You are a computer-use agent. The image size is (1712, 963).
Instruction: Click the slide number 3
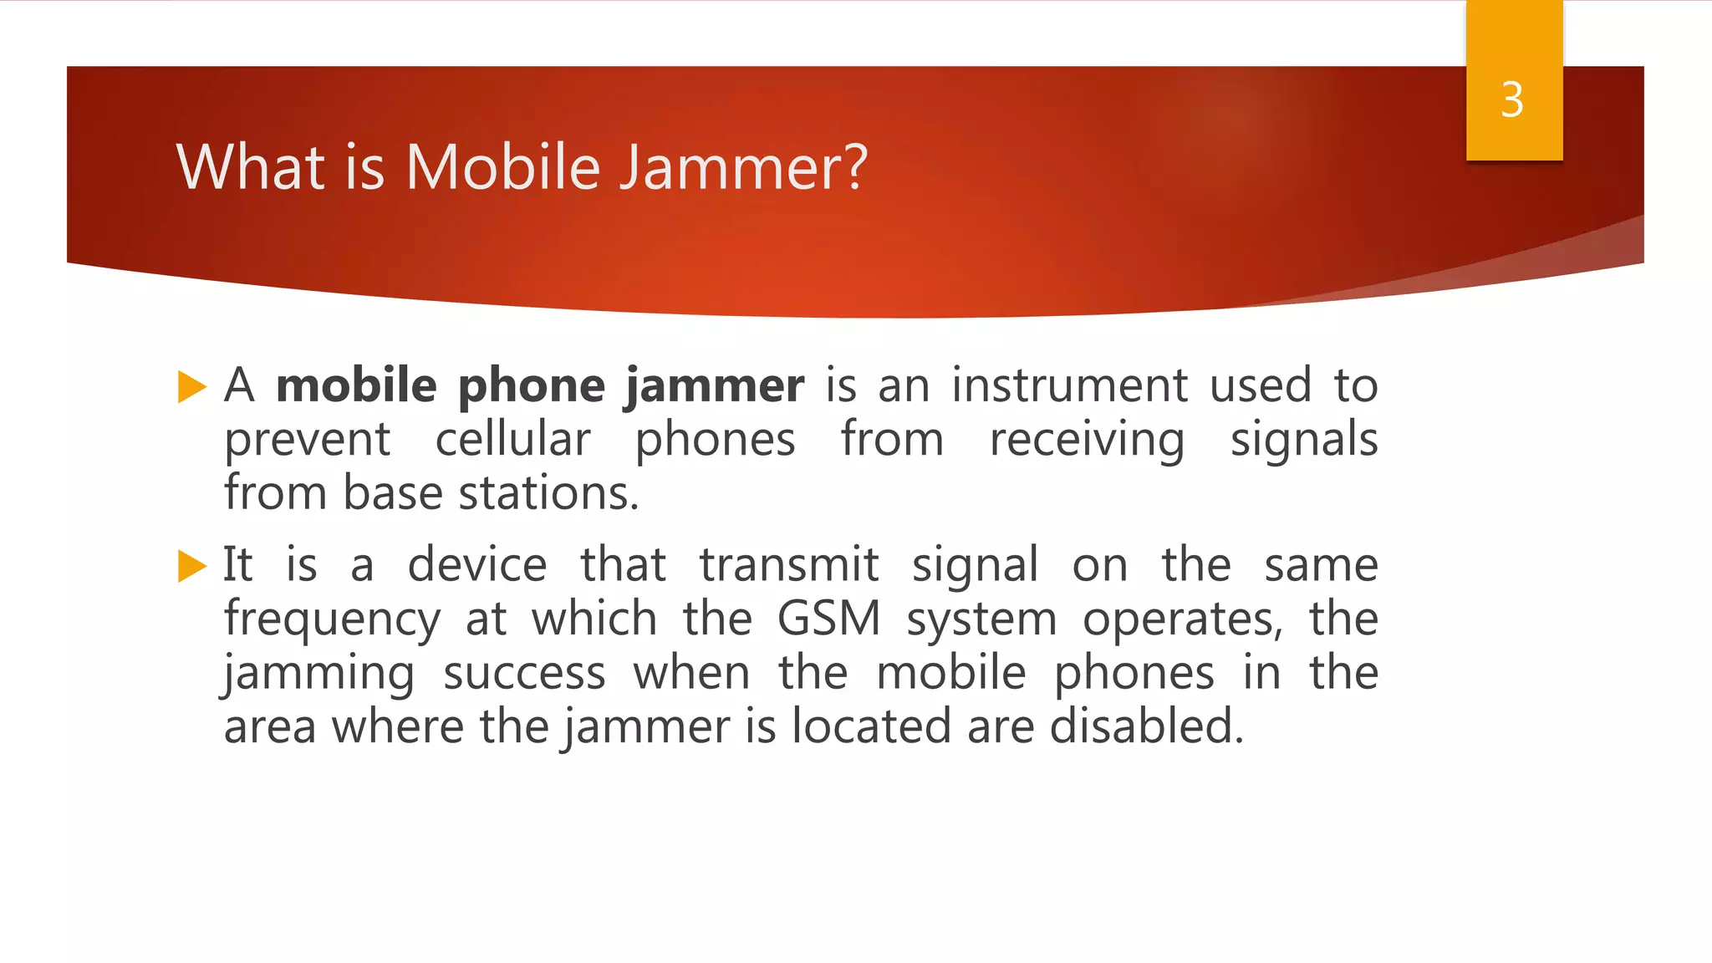[1512, 100]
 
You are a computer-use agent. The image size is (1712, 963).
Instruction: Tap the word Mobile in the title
[502, 167]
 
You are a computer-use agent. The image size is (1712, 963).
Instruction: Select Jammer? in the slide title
[743, 167]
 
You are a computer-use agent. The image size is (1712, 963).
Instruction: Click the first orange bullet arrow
[191, 387]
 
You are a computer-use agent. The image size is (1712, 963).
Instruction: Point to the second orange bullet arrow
[191, 566]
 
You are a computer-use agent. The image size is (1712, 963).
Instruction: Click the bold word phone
[531, 386]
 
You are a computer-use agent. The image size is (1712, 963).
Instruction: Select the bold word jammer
[715, 386]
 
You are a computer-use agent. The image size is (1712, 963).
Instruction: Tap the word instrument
[1069, 386]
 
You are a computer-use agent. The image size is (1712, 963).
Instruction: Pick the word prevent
[307, 441]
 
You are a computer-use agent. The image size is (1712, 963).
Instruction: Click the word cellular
[512, 440]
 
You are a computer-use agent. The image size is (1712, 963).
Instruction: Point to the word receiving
[1087, 441]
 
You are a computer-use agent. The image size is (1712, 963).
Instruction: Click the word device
[476, 565]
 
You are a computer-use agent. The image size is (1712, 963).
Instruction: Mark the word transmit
[788, 565]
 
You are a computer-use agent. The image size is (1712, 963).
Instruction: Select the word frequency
[332, 620]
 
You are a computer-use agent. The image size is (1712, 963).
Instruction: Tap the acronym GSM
[828, 619]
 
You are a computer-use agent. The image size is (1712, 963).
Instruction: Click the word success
[524, 674]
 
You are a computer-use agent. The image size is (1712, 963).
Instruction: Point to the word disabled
[1146, 726]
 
